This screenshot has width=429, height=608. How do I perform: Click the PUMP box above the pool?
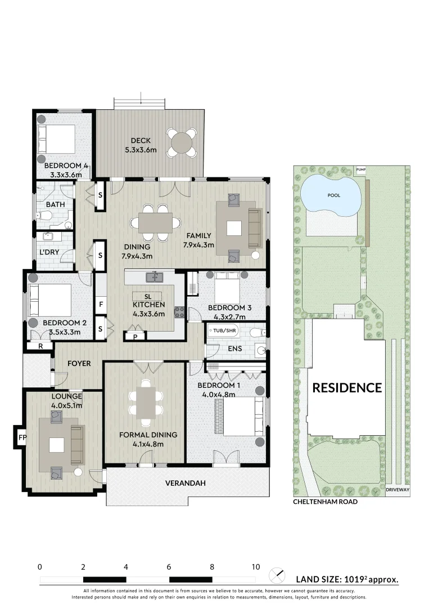click(360, 169)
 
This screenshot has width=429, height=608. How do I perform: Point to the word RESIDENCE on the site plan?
click(347, 388)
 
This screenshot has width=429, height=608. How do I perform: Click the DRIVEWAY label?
click(398, 490)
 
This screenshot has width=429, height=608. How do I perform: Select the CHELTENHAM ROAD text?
click(325, 502)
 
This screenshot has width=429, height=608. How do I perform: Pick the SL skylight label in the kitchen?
click(147, 296)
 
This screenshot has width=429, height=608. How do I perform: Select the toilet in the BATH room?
click(45, 216)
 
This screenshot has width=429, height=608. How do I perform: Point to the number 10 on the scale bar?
click(256, 567)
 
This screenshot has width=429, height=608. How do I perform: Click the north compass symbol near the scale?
click(277, 576)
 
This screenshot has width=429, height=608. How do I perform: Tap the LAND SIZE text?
click(347, 579)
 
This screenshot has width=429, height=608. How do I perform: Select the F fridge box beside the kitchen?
click(101, 304)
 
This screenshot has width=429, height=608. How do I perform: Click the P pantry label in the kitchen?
click(135, 337)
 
